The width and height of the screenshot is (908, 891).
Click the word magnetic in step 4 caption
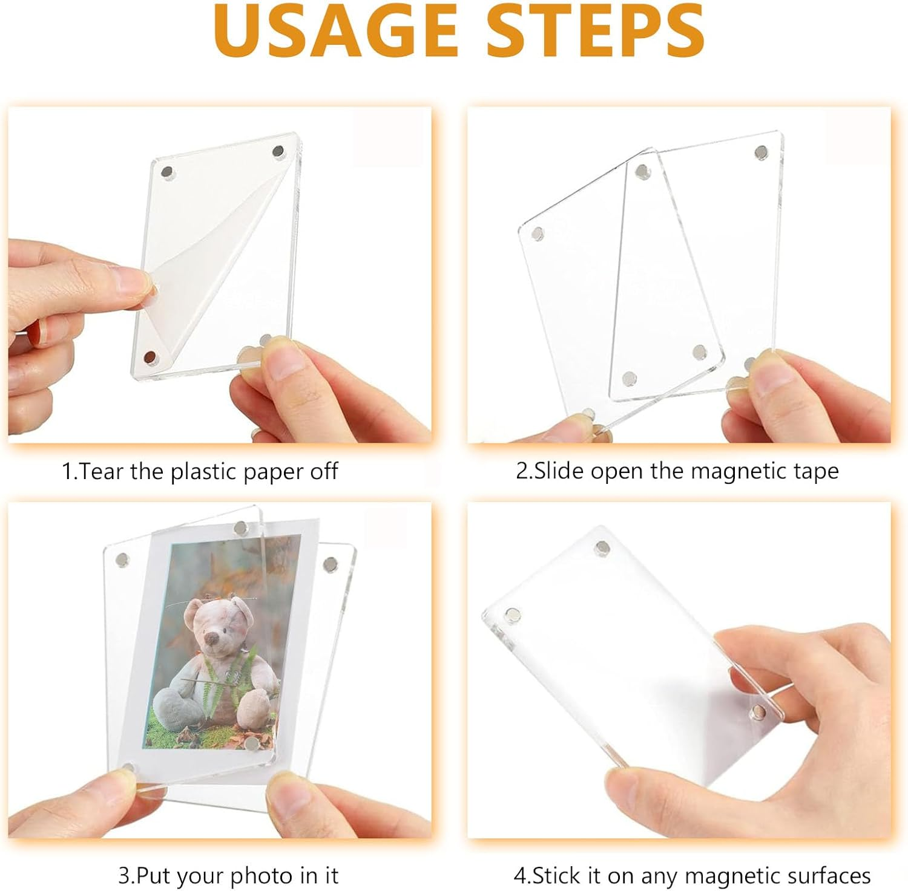click(724, 875)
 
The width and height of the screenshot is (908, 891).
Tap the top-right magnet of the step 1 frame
click(278, 151)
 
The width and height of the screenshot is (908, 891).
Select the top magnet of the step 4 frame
click(602, 549)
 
